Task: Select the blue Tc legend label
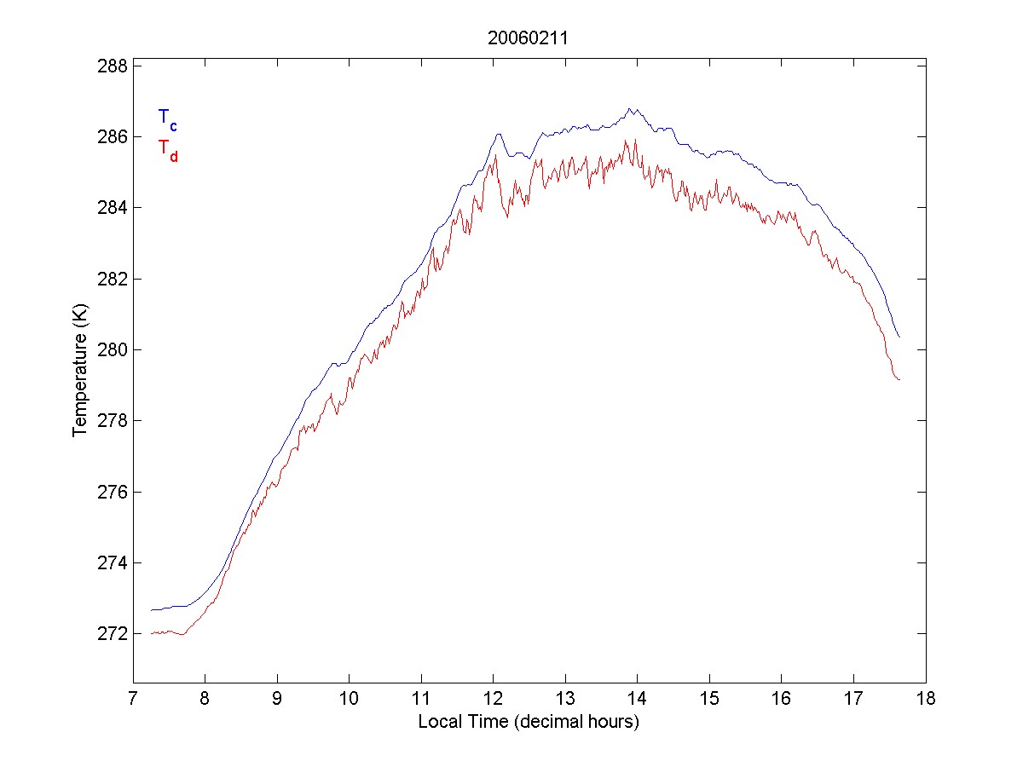(x=167, y=118)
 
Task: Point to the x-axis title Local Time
(x=529, y=722)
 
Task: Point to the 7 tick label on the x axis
(x=133, y=701)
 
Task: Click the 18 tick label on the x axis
(x=926, y=701)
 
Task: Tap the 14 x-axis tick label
(x=638, y=701)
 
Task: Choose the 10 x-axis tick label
(x=350, y=701)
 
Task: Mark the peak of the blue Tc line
(x=630, y=108)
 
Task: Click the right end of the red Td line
(x=899, y=379)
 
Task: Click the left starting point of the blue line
(x=151, y=610)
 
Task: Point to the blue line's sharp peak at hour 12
(x=498, y=134)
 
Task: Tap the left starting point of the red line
(x=151, y=633)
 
